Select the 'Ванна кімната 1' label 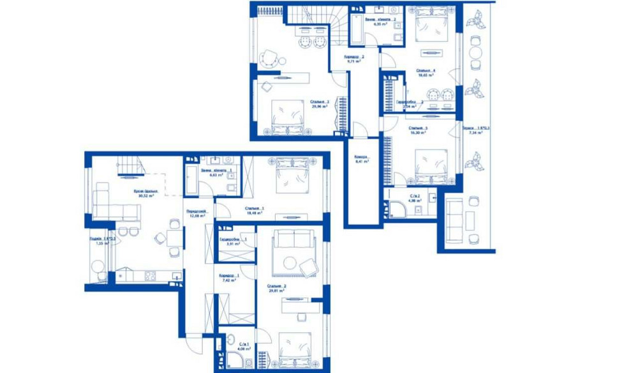click(x=212, y=171)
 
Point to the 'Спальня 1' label click(x=254, y=208)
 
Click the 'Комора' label click(x=362, y=157)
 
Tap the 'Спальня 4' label click(x=426, y=70)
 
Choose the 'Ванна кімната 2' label click(x=380, y=20)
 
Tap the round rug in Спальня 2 click(x=291, y=261)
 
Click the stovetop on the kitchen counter click(x=151, y=276)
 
